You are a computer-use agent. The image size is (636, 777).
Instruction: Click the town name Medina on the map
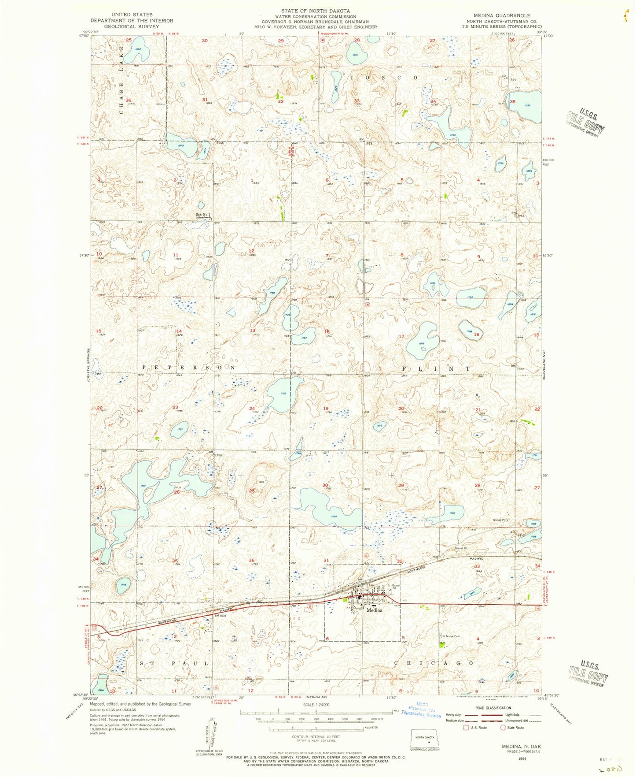[x=373, y=610]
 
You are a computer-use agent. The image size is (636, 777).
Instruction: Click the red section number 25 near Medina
[x=252, y=491]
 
